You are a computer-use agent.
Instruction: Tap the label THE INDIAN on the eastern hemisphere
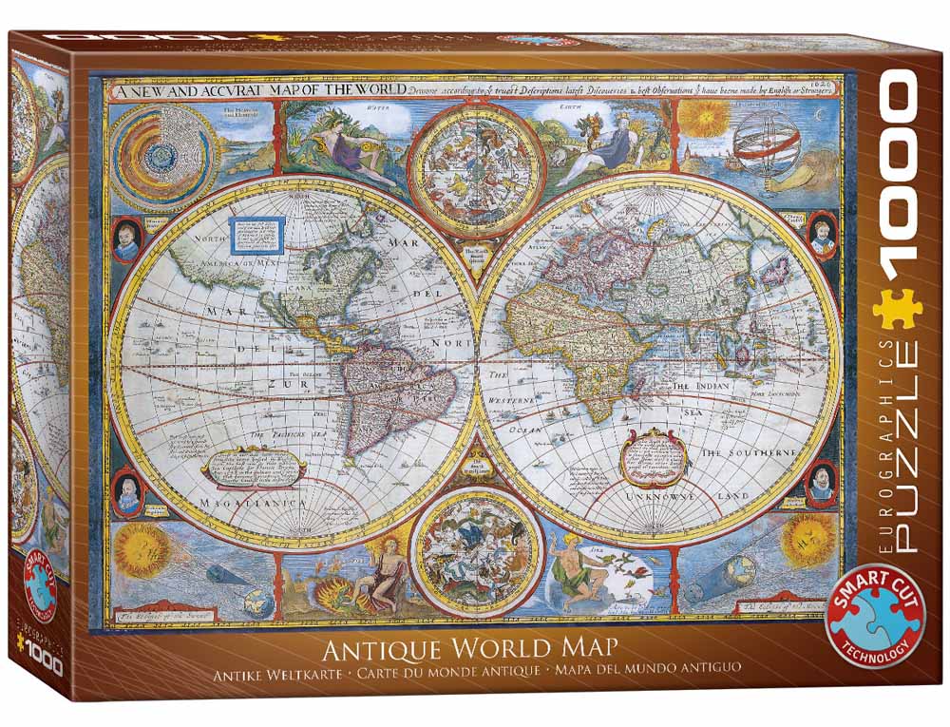(700, 388)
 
